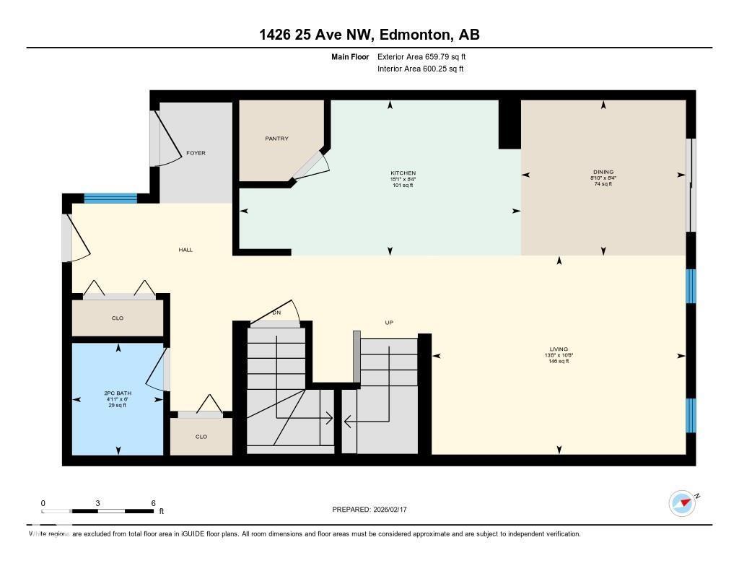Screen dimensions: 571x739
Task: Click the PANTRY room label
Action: (276, 139)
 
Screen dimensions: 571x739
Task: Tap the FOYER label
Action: (196, 153)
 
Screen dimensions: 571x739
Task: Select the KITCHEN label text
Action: (403, 173)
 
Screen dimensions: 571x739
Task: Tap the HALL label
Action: (185, 250)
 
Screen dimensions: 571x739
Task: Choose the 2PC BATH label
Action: (118, 393)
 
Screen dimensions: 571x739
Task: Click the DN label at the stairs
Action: (276, 313)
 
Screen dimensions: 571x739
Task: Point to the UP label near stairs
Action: (388, 323)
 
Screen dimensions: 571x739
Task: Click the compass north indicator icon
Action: (683, 502)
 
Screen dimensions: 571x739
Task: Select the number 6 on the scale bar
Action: (153, 503)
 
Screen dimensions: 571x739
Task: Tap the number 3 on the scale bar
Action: (97, 503)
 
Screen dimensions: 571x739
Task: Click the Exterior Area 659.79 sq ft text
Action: (427, 56)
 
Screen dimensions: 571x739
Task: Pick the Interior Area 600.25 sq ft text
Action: (420, 69)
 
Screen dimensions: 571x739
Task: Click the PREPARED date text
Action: (374, 510)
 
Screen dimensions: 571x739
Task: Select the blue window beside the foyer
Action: (110, 199)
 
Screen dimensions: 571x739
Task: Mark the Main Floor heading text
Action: (349, 56)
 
